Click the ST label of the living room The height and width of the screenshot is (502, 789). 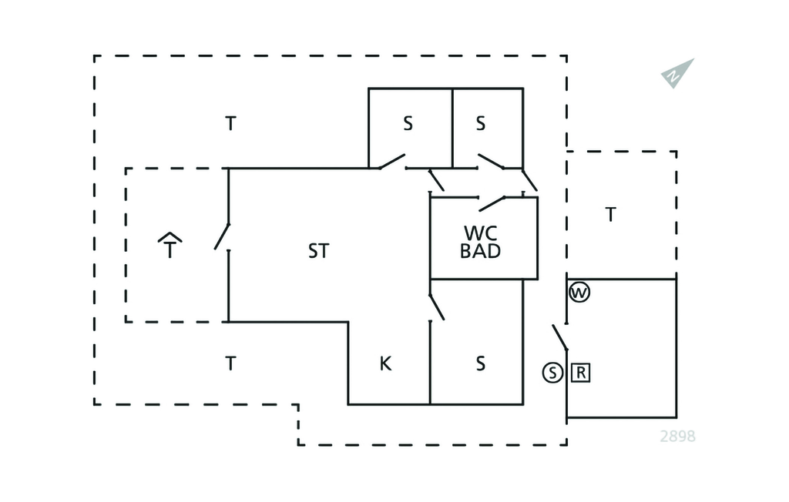318,250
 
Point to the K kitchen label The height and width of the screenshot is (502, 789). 386,363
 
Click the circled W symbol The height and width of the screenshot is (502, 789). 579,293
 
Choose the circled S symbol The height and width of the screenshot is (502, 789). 552,373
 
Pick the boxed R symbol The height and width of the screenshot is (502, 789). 582,373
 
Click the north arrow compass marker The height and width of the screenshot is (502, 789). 677,73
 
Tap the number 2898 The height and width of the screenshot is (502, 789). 677,437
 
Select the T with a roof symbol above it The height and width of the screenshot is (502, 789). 170,246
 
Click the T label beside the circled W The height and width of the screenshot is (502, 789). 611,215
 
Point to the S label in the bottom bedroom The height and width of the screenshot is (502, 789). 481,363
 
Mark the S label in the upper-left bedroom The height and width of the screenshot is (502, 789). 408,123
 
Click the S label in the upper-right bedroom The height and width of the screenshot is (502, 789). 481,123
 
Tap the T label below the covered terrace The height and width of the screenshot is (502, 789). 230,363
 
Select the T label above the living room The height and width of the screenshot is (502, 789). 230,123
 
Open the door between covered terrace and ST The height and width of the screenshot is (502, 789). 223,236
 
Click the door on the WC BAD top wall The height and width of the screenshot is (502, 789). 493,203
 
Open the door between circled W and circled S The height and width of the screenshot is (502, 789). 560,336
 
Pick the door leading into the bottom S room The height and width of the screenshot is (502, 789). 437,306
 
